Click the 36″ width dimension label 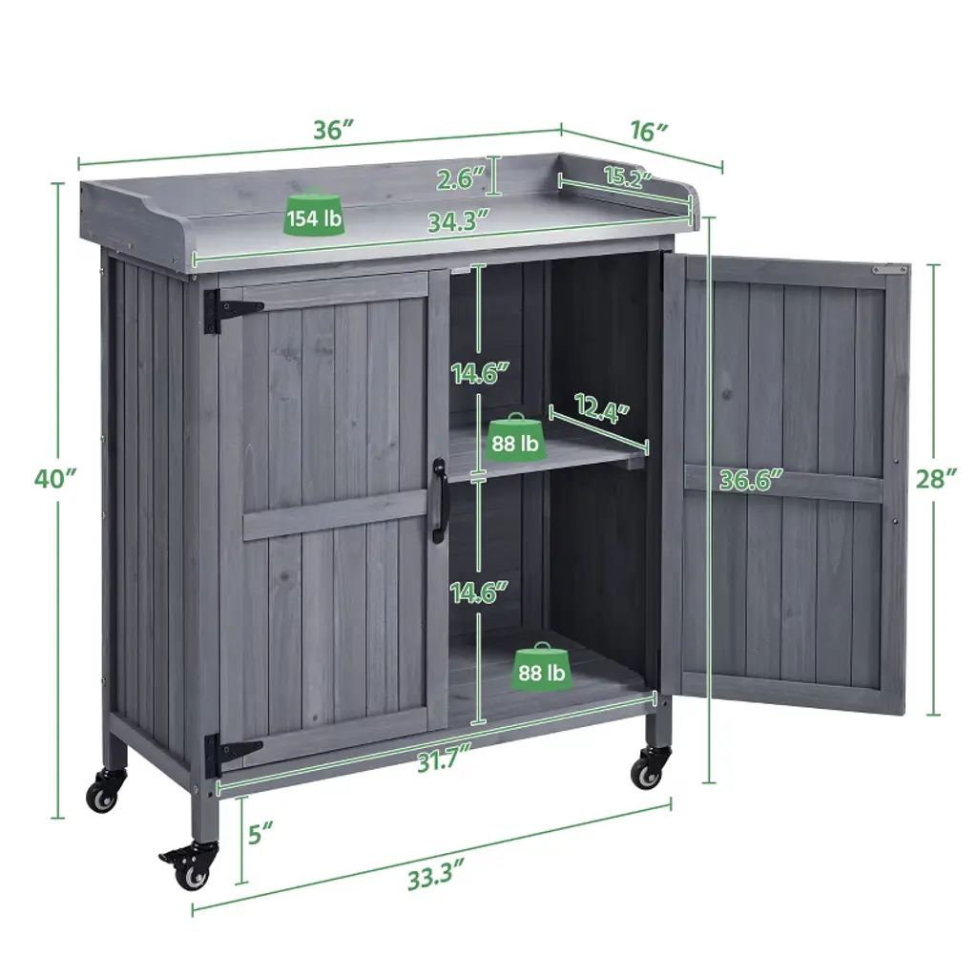[x=333, y=130]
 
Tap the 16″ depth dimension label [x=649, y=132]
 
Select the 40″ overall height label [x=56, y=479]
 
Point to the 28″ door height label [x=936, y=479]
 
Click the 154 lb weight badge [x=314, y=215]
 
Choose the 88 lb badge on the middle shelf [x=514, y=439]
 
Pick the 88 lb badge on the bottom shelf [x=542, y=669]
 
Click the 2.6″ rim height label [x=461, y=179]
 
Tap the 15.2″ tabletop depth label [x=627, y=177]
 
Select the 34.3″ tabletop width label [x=458, y=221]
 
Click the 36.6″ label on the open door [x=751, y=480]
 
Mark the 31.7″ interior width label [x=443, y=760]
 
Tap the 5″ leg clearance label [x=261, y=834]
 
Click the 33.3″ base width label [x=437, y=877]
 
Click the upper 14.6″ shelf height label [x=481, y=374]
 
